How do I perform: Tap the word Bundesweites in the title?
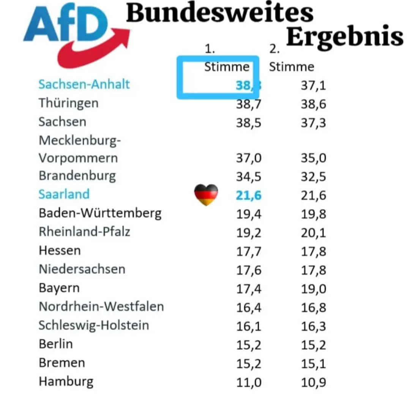tap(220, 13)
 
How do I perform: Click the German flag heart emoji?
tap(206, 195)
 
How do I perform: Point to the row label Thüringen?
tap(68, 103)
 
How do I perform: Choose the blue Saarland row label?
tap(64, 194)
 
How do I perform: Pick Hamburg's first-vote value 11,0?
tap(249, 382)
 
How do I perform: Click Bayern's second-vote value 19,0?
tap(313, 289)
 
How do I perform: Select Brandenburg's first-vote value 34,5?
tap(249, 177)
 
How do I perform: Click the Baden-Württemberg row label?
tap(100, 213)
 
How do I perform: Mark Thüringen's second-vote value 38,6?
tap(313, 104)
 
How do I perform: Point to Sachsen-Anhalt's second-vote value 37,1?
tap(313, 85)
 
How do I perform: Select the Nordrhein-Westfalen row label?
tap(101, 306)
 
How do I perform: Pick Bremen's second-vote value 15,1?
tap(313, 363)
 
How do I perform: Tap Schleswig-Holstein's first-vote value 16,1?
tap(249, 326)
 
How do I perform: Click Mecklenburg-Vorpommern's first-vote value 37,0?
tap(249, 158)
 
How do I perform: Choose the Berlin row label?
tap(55, 344)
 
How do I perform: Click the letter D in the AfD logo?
tap(89, 25)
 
